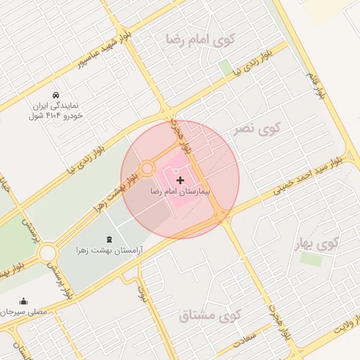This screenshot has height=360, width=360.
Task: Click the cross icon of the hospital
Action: pyautogui.click(x=180, y=181)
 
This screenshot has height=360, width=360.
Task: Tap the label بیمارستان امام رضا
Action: pyautogui.click(x=180, y=191)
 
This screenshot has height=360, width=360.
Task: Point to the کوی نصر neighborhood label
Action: pyautogui.click(x=260, y=129)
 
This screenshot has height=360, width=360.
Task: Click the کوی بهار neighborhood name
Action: pyautogui.click(x=317, y=244)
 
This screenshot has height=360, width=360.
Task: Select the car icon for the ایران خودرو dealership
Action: pyautogui.click(x=56, y=95)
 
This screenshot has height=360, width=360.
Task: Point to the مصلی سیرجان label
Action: pyautogui.click(x=23, y=311)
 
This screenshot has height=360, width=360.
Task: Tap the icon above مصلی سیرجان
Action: pyautogui.click(x=23, y=300)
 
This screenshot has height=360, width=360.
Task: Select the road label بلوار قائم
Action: pyautogui.click(x=314, y=84)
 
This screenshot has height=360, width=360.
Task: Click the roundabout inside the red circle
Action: pyautogui.click(x=147, y=169)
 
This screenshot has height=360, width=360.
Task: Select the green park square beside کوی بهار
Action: pyautogui.click(x=310, y=259)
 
